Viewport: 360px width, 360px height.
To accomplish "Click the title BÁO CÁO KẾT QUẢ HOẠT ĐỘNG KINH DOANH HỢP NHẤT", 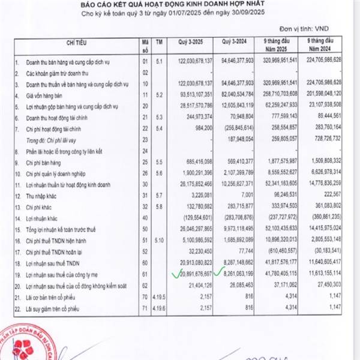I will [x=179, y=5].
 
